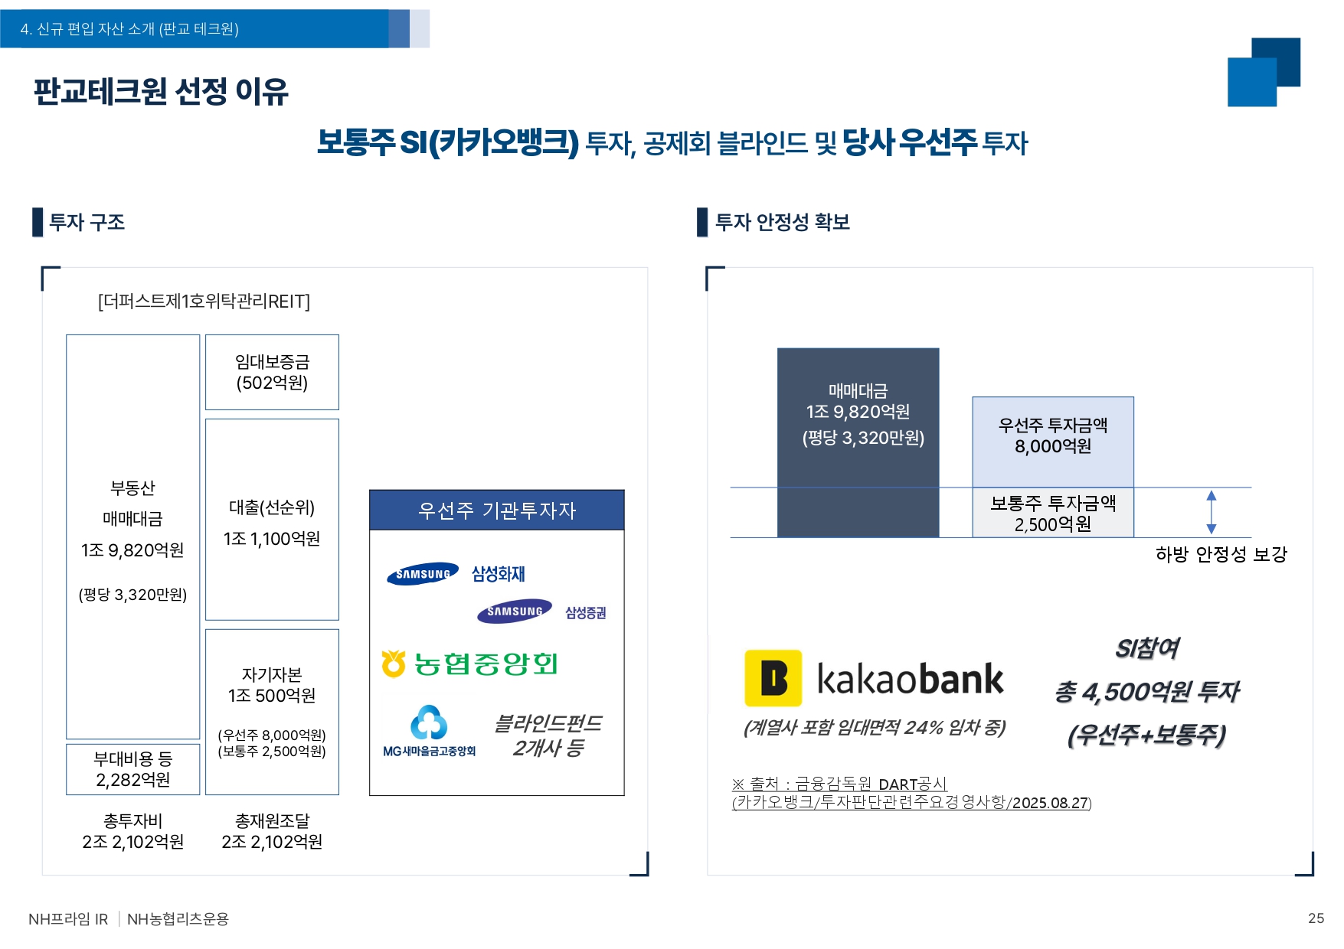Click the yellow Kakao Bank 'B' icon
[773, 678]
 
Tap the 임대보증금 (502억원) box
[272, 372]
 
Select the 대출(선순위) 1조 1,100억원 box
[272, 519]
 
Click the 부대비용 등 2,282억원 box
[132, 769]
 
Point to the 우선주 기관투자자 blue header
[497, 510]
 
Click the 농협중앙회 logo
[469, 664]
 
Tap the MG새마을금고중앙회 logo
[430, 732]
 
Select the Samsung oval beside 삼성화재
[423, 574]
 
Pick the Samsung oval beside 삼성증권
[515, 611]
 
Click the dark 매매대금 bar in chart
[858, 442]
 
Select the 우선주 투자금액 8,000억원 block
[1053, 442]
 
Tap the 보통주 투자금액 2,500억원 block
[1053, 513]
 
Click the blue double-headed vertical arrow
[1211, 512]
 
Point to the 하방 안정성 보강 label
[1221, 553]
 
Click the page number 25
[1316, 918]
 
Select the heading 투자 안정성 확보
[782, 222]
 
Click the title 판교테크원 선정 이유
[161, 92]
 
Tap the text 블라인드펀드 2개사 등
[548, 735]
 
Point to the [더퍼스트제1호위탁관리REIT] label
[204, 302]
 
